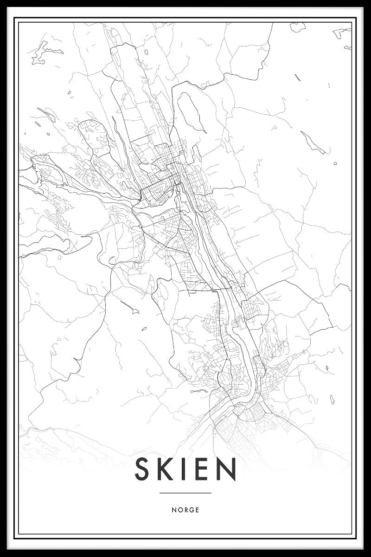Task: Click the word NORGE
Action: (x=185, y=510)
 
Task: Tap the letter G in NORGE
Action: (x=192, y=510)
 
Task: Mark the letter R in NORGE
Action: (x=185, y=510)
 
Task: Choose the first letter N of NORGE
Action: (x=173, y=510)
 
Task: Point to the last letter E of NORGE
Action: (x=197, y=510)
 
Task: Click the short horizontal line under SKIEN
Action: (x=185, y=493)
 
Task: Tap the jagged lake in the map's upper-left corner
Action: (x=39, y=53)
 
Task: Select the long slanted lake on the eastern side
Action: (x=313, y=142)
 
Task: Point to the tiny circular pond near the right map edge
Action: (x=335, y=163)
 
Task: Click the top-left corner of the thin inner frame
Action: (x=19, y=23)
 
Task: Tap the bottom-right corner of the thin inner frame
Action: (x=352, y=534)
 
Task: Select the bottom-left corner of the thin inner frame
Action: (x=19, y=534)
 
